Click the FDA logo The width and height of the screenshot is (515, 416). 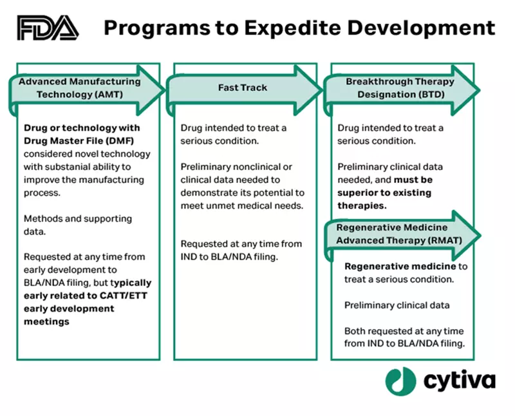48,28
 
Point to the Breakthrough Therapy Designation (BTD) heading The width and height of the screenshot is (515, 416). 400,88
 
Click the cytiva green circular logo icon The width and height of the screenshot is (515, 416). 400,381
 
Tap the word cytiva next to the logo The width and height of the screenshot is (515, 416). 459,381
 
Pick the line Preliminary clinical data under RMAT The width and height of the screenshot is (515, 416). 395,305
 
